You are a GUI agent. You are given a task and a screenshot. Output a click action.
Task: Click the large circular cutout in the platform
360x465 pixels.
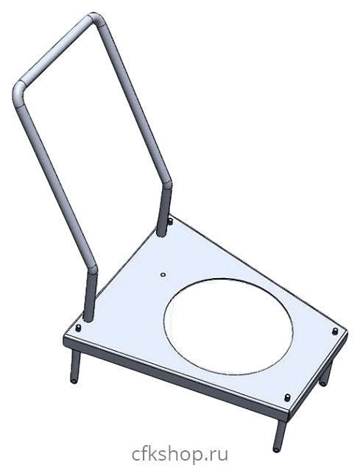click(x=228, y=326)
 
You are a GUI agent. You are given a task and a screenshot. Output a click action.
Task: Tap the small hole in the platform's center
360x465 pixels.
click(x=163, y=275)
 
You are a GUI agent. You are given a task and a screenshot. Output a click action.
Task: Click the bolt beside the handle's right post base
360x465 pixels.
click(x=171, y=221)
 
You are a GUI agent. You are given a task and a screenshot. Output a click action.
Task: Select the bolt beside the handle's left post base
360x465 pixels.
click(x=78, y=328)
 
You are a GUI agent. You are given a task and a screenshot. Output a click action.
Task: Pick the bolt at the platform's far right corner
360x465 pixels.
click(x=336, y=331)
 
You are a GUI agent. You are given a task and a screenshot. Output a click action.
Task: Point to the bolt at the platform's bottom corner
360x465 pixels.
click(x=287, y=397)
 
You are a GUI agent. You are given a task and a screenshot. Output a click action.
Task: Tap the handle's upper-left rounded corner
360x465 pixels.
click(x=19, y=93)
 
